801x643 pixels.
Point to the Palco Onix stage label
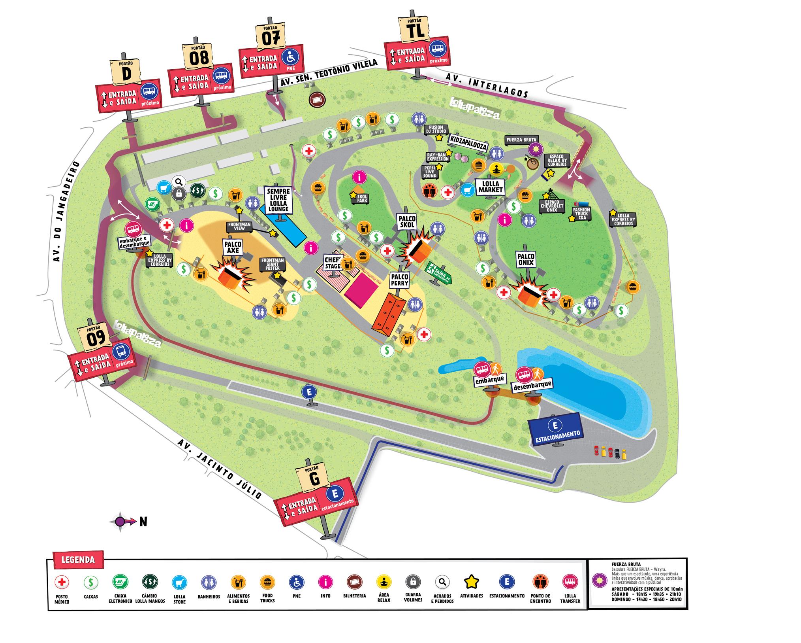tap(526, 259)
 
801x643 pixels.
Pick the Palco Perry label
tap(399, 279)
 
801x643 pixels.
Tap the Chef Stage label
tap(333, 262)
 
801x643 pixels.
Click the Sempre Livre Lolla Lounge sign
tap(278, 200)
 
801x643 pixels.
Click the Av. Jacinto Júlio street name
tap(220, 469)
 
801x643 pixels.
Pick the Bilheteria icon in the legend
tap(354, 582)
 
